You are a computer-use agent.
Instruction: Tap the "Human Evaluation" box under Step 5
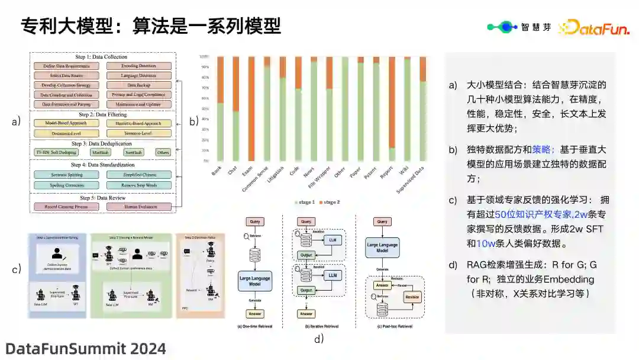139,207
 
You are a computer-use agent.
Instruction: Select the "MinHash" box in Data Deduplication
99,152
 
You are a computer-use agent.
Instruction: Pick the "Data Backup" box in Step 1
139,85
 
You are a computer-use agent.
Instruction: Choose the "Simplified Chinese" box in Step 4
139,175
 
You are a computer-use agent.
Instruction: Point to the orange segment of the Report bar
392,102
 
